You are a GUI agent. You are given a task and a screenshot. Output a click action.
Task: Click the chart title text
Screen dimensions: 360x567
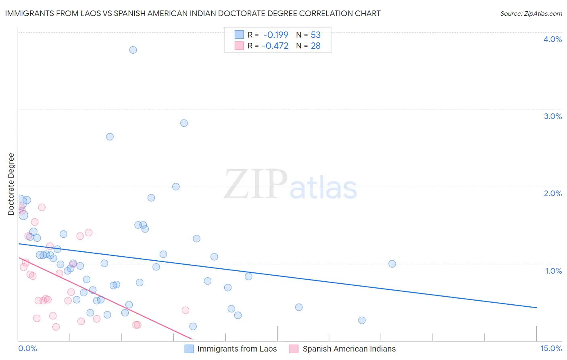tap(193, 14)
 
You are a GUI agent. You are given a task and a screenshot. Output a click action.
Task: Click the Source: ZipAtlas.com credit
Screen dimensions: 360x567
tap(531, 14)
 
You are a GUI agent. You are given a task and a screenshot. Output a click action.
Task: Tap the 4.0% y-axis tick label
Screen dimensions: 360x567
tap(552, 39)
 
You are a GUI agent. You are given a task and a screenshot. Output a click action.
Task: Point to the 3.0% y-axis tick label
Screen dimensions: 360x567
tap(552, 116)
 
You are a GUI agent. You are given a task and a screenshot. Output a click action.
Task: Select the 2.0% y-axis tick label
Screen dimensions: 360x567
tap(552, 193)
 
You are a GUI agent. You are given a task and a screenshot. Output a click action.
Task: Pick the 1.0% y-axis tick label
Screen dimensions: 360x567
tap(553, 271)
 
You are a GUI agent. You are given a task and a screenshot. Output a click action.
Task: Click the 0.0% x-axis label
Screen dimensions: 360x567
tap(27, 349)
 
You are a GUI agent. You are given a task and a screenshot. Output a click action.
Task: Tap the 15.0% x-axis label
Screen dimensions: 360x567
tap(551, 349)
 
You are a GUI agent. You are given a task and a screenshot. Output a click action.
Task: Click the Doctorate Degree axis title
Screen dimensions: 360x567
tap(11, 184)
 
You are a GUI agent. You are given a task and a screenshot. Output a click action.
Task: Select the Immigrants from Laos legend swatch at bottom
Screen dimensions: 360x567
tap(189, 349)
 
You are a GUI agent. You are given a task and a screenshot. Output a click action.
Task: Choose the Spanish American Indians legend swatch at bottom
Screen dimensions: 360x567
tap(294, 349)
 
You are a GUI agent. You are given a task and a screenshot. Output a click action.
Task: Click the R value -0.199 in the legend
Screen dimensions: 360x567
tap(276, 35)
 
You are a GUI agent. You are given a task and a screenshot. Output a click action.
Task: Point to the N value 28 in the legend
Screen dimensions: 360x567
tap(315, 46)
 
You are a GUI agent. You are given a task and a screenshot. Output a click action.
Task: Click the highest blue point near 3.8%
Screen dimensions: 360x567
tap(133, 50)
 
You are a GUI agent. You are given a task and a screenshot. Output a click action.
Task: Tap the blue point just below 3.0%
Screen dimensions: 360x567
tap(184, 123)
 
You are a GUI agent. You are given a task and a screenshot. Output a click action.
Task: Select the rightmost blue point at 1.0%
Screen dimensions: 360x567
tap(392, 264)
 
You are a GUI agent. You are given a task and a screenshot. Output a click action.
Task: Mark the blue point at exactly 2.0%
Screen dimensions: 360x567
tap(176, 186)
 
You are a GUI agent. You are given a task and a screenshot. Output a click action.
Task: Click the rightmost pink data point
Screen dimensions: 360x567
tap(186, 310)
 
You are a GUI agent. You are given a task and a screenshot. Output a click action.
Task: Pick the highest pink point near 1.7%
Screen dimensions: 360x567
tap(42, 207)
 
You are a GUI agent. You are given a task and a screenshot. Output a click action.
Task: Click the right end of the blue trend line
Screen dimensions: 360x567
tap(536, 308)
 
